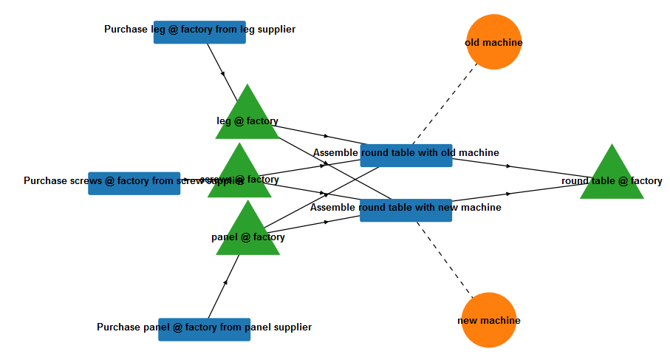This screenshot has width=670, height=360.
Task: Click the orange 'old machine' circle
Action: [x=494, y=42]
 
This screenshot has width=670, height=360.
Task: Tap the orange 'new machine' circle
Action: [x=488, y=320]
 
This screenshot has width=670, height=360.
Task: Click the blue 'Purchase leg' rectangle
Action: [x=199, y=33]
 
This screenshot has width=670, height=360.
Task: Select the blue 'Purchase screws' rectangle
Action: [x=134, y=183]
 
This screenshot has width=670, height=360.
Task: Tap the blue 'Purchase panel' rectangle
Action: [x=204, y=330]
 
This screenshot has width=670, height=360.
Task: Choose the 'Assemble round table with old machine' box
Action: [x=406, y=156]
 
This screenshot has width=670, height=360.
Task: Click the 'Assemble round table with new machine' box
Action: [x=406, y=211]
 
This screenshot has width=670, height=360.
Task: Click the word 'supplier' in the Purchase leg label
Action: [x=274, y=30]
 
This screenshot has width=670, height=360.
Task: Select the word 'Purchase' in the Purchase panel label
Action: [x=119, y=327]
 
